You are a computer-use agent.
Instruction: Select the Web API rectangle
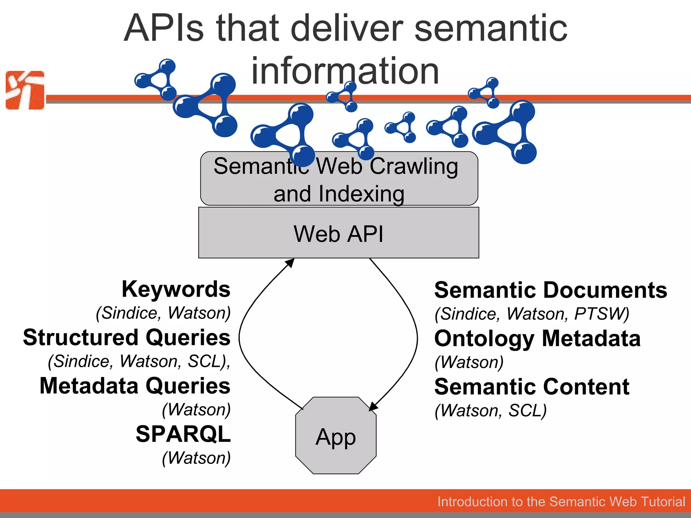pyautogui.click(x=338, y=233)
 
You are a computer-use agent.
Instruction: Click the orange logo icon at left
pyautogui.click(x=25, y=90)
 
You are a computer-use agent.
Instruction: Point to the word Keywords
pyautogui.click(x=176, y=289)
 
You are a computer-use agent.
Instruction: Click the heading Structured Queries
pyautogui.click(x=127, y=337)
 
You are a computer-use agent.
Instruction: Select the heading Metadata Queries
pyautogui.click(x=135, y=385)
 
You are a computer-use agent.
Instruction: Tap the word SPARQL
pyautogui.click(x=183, y=434)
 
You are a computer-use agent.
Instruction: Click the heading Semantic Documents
pyautogui.click(x=550, y=290)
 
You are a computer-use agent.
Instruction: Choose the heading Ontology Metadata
pyautogui.click(x=537, y=338)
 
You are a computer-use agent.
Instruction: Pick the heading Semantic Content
pyautogui.click(x=532, y=386)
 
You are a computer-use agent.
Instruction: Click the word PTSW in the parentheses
pyautogui.click(x=600, y=314)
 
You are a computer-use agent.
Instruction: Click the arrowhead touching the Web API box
pyautogui.click(x=290, y=262)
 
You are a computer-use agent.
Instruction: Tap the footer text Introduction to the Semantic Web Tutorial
pyautogui.click(x=561, y=501)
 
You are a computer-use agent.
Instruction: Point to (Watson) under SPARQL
pyautogui.click(x=196, y=458)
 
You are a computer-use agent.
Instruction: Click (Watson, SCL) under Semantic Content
pyautogui.click(x=490, y=410)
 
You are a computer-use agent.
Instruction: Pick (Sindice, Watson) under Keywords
pyautogui.click(x=163, y=313)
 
